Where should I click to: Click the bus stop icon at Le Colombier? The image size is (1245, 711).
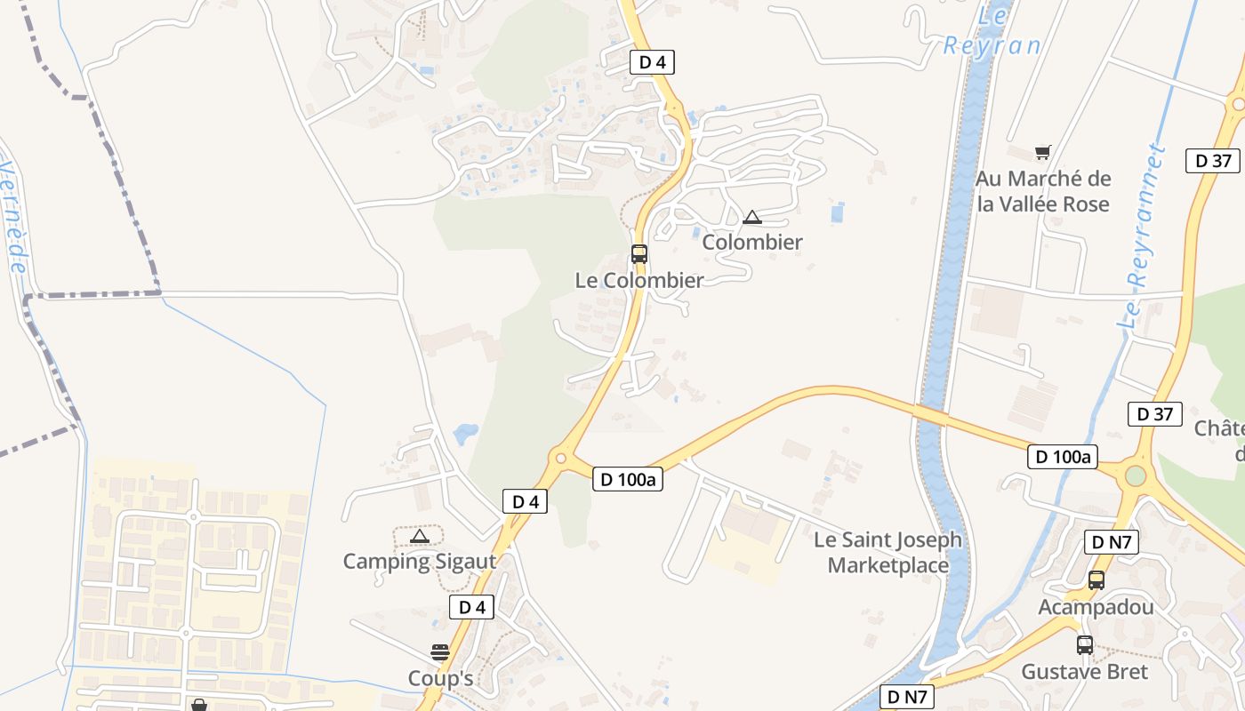(x=639, y=254)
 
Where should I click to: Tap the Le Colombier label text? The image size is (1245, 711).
(x=639, y=281)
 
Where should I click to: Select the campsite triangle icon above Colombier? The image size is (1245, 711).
(x=752, y=217)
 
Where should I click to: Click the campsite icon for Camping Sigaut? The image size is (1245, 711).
(x=420, y=536)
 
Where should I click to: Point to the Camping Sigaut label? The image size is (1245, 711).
(x=419, y=562)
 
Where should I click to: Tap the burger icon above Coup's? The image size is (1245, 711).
(x=440, y=653)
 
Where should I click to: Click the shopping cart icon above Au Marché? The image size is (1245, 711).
(x=1042, y=152)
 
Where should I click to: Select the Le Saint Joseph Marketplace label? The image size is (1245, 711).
(x=888, y=552)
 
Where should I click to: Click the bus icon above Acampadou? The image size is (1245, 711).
(x=1096, y=580)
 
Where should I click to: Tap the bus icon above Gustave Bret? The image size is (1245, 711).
(x=1085, y=645)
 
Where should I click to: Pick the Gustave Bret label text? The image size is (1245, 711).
(x=1084, y=672)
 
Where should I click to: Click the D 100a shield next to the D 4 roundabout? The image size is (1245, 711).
(x=628, y=480)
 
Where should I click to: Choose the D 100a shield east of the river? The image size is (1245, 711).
(x=1062, y=457)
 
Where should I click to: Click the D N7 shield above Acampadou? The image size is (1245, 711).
(x=1112, y=542)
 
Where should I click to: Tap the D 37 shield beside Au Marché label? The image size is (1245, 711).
(x=1213, y=161)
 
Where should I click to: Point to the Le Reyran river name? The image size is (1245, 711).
(x=993, y=32)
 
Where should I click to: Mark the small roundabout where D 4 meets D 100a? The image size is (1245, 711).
(x=560, y=459)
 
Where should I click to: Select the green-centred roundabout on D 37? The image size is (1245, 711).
(x=1136, y=475)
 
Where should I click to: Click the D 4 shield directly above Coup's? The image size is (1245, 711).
(x=471, y=608)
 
